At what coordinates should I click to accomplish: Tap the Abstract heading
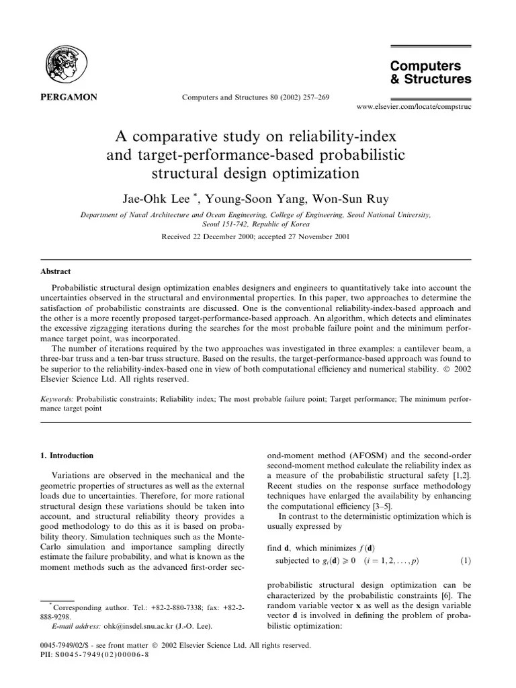pyautogui.click(x=56, y=272)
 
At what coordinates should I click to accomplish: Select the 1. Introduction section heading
pyautogui.click(x=67, y=456)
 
